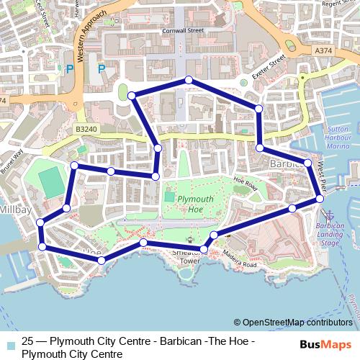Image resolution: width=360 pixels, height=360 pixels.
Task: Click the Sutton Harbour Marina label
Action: [338, 137]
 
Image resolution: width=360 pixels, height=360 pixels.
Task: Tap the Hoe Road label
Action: [246, 184]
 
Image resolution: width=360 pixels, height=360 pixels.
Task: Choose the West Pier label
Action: [320, 176]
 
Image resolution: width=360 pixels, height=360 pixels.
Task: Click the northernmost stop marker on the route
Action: [188, 80]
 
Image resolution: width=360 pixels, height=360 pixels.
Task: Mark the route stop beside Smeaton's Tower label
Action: [204, 249]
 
